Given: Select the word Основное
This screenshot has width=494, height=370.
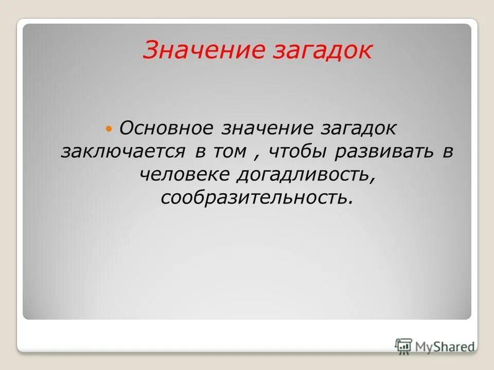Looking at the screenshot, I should pos(167,128).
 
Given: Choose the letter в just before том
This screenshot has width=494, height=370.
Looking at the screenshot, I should pos(200,152).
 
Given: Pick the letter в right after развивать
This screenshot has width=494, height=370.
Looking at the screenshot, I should pos(447,152).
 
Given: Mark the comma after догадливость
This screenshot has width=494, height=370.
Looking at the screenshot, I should pos(370,180).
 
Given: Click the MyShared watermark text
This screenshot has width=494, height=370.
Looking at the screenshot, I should pos(445,346).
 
